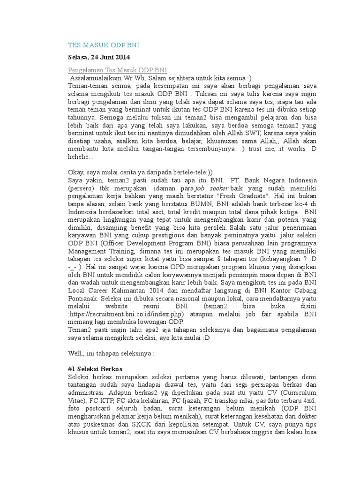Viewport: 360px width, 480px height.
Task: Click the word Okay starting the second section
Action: pyautogui.click(x=76, y=172)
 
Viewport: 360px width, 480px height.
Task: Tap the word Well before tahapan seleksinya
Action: pyautogui.click(x=75, y=352)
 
